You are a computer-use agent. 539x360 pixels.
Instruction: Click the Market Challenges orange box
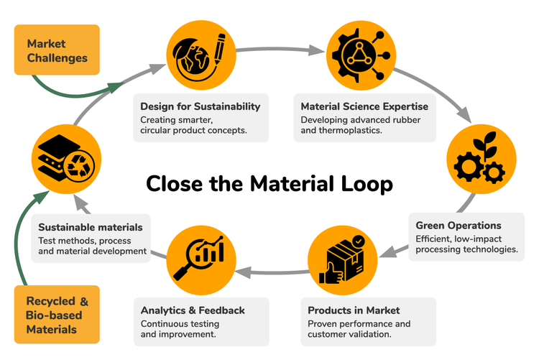point(57,50)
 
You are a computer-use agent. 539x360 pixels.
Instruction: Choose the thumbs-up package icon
point(338,257)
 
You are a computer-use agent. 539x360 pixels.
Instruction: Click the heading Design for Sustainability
point(200,106)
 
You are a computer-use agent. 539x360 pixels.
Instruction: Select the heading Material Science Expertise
point(364,106)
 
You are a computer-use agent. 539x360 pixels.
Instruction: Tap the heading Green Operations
point(459,226)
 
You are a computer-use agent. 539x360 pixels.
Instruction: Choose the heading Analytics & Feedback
point(193,310)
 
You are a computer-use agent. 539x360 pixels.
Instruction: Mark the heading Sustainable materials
point(91,227)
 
